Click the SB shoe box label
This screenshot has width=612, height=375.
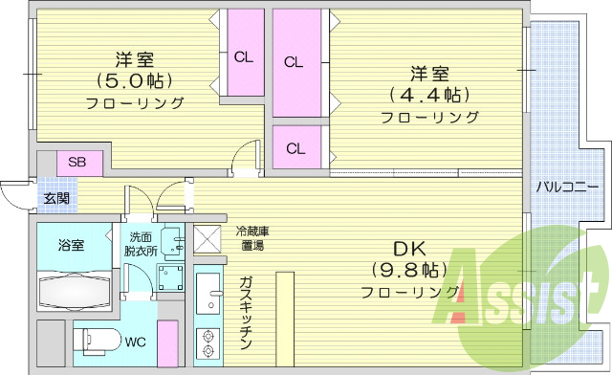pos(76,163)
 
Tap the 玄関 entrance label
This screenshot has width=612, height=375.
pos(55,199)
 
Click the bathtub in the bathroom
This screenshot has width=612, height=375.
pos(75,289)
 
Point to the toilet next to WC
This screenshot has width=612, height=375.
pos(96,341)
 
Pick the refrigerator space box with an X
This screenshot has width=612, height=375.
pos(208,236)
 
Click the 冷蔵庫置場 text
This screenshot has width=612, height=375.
pos(252,238)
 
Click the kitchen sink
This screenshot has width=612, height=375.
pos(208,298)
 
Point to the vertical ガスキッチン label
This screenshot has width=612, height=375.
pos(246,311)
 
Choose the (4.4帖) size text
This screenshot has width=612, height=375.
pos(429,95)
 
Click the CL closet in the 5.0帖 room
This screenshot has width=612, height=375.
pos(244,56)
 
